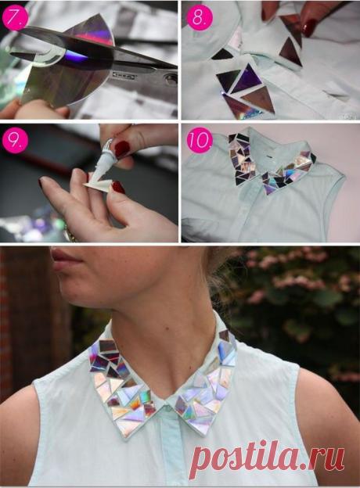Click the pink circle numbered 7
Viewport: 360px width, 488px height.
point(14,16)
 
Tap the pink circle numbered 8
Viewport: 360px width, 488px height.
point(200,17)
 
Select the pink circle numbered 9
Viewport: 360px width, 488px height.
point(15,140)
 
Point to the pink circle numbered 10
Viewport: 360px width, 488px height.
point(200,140)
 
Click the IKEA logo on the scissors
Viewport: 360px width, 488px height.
point(122,76)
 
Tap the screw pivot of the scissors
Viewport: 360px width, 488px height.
point(171,80)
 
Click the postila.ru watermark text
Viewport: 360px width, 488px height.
point(267,457)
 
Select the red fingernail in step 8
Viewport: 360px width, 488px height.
point(308,27)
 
